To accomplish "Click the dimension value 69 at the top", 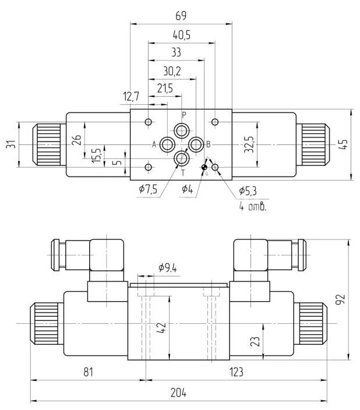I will (x=181, y=16).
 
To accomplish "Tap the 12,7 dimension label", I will (x=133, y=97).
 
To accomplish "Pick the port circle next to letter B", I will (x=196, y=144).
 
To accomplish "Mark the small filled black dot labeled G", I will (x=204, y=168).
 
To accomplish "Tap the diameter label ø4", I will (x=187, y=189).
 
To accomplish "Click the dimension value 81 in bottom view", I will (x=87, y=372).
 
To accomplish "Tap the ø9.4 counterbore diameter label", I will (x=168, y=268).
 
